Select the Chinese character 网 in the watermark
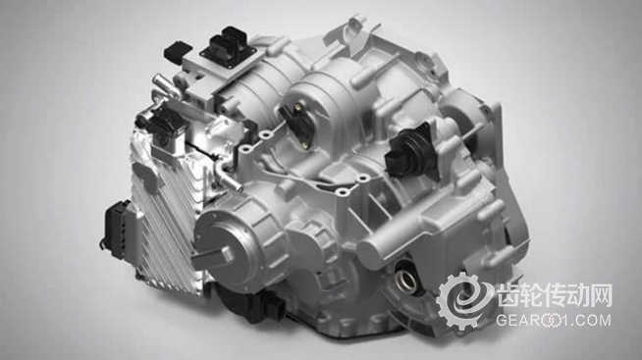tap(601, 295)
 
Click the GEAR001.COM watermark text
tap(554, 320)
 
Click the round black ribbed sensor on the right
tap(409, 152)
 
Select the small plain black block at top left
tap(178, 52)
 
